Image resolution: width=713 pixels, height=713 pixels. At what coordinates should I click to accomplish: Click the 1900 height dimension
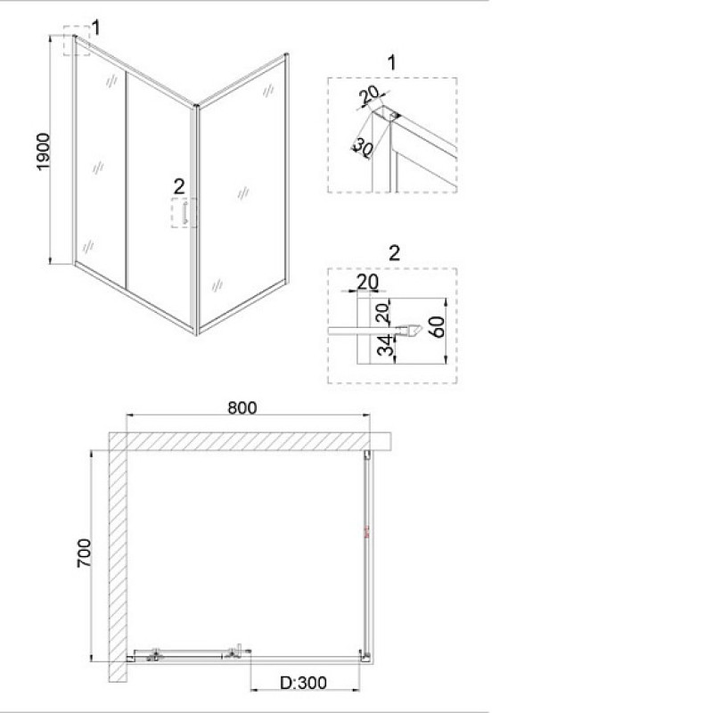[43, 152]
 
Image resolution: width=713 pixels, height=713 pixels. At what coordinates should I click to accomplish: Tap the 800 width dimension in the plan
[242, 408]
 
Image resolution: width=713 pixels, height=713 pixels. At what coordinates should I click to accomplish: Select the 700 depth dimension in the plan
[84, 553]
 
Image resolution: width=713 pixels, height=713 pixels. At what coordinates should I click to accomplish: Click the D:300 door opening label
[303, 683]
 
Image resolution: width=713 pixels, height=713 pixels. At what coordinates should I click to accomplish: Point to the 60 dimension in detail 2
[437, 326]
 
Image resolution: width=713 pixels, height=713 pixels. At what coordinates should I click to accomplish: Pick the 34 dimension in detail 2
[385, 346]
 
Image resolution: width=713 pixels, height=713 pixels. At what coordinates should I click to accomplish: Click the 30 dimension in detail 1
[364, 146]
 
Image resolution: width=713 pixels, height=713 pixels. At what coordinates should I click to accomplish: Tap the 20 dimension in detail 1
[368, 95]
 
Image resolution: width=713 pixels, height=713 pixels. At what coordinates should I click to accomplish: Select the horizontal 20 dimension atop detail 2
[367, 283]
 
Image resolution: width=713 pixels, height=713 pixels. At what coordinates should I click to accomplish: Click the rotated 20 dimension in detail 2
[383, 312]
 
